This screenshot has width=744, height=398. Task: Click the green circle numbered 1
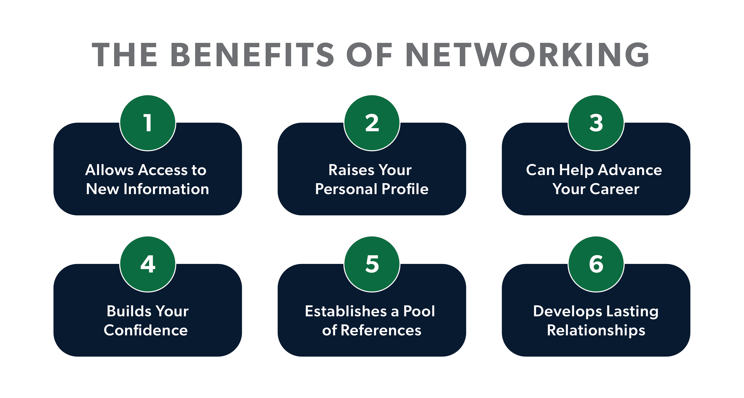[x=148, y=123]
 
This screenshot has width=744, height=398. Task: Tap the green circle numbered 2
[x=372, y=123]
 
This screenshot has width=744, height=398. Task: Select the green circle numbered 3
[x=596, y=123]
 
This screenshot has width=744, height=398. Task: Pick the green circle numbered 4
[x=148, y=264]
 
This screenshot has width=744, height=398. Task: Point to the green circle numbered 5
[x=372, y=264]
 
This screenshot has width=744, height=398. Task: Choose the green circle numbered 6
[x=596, y=264]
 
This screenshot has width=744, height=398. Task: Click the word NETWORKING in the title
[x=527, y=55]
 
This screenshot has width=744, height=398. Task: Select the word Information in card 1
[x=166, y=189]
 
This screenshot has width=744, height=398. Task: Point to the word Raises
[x=351, y=170]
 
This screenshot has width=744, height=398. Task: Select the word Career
[x=614, y=189]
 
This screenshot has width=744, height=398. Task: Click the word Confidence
[x=146, y=330]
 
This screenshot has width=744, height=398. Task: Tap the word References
[x=381, y=330]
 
